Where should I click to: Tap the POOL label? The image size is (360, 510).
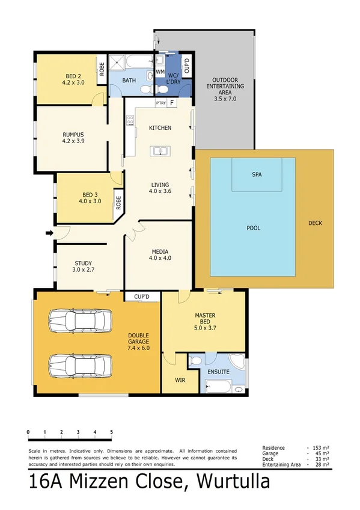254,228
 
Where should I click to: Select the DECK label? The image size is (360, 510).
315,223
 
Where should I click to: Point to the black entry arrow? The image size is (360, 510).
49,233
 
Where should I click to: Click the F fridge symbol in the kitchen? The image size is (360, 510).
172,103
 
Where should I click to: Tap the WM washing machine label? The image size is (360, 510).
160,72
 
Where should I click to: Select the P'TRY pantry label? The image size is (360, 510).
160,103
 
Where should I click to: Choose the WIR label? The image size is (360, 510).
179,380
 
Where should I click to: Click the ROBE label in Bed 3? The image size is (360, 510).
118,201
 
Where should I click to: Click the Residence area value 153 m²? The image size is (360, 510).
320,448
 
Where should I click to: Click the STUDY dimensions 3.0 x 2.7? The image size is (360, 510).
83,270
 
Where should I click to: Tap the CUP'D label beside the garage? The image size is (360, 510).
142,296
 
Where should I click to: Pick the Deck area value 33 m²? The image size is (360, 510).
321,459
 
